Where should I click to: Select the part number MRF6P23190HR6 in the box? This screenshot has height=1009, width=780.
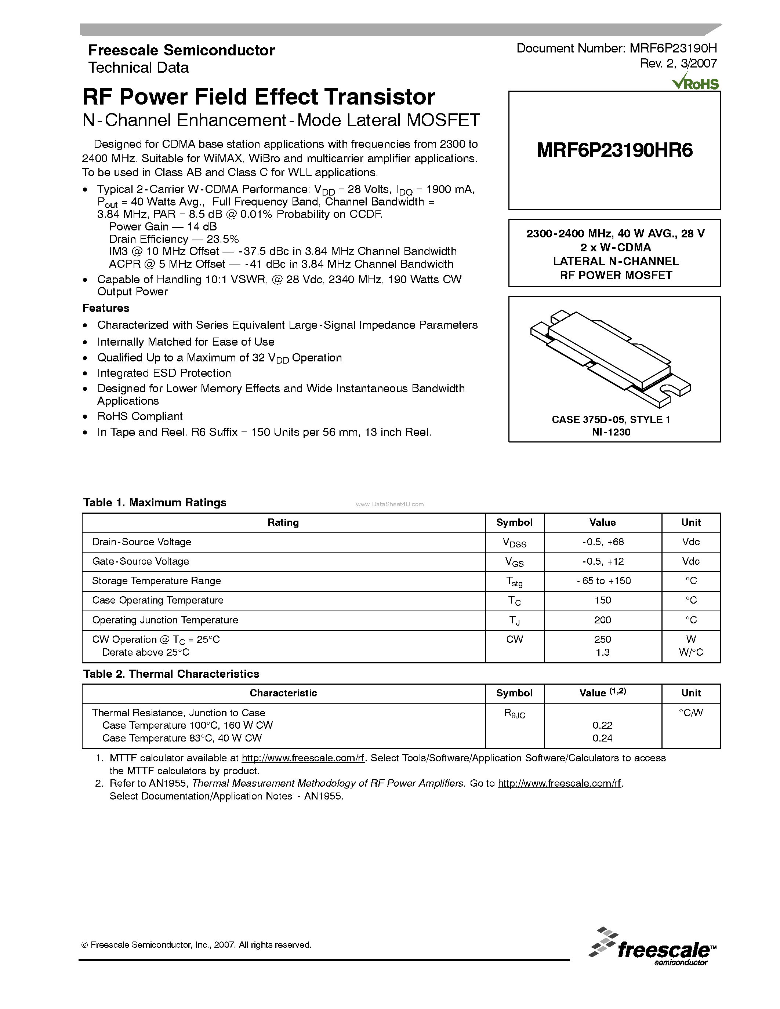[x=614, y=150]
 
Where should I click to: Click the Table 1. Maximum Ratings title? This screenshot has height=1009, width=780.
[x=155, y=503]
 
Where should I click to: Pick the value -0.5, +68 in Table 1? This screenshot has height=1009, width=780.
[x=603, y=542]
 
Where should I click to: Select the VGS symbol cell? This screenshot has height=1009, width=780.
[x=514, y=562]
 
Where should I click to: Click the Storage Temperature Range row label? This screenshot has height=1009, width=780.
[x=156, y=581]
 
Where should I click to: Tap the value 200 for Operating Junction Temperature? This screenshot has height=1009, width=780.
[x=603, y=620]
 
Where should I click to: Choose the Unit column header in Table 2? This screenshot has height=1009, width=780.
[x=691, y=693]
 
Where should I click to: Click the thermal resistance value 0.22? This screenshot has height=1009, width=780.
[x=603, y=725]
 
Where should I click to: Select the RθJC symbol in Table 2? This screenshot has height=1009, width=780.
[x=514, y=714]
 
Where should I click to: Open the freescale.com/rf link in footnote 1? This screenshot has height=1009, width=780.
[x=303, y=758]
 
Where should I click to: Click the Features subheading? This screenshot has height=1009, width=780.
[x=106, y=308]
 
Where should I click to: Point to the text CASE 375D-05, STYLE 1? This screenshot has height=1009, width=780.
[x=611, y=419]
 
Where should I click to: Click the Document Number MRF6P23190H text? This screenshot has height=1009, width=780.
[x=616, y=48]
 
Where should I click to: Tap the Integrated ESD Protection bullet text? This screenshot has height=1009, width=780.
[x=164, y=373]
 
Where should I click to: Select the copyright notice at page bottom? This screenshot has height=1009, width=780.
[x=196, y=945]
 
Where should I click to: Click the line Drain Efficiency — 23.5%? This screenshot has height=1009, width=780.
[x=174, y=239]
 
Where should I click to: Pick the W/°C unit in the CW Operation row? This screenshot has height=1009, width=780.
[x=691, y=652]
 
